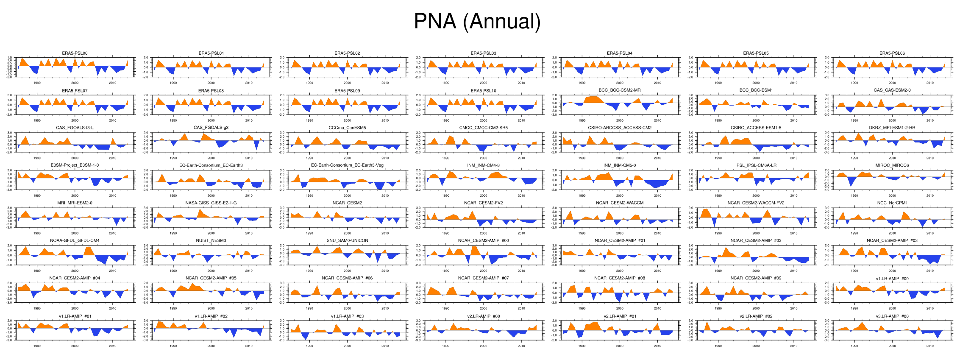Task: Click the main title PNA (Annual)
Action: (477, 21)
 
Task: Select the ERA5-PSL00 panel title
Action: (75, 53)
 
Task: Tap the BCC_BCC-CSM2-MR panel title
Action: (620, 90)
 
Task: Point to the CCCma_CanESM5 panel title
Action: (347, 128)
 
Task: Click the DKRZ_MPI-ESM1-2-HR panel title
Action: (892, 128)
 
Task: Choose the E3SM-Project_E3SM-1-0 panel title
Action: (75, 165)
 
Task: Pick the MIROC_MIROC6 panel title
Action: (892, 165)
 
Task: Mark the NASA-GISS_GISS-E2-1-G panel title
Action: (211, 203)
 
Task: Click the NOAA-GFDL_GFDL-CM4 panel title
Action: (75, 240)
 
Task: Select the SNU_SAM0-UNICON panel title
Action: (347, 240)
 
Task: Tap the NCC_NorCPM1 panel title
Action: (892, 203)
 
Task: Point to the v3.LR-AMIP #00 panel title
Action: (892, 316)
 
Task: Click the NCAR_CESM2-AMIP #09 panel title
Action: (756, 278)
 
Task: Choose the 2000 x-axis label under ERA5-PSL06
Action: (892, 83)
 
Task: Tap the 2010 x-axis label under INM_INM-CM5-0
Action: (657, 195)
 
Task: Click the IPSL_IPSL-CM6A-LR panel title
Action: (756, 165)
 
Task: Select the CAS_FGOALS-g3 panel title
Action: (211, 128)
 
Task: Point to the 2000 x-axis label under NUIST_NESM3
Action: (211, 271)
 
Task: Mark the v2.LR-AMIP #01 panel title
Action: (620, 316)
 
